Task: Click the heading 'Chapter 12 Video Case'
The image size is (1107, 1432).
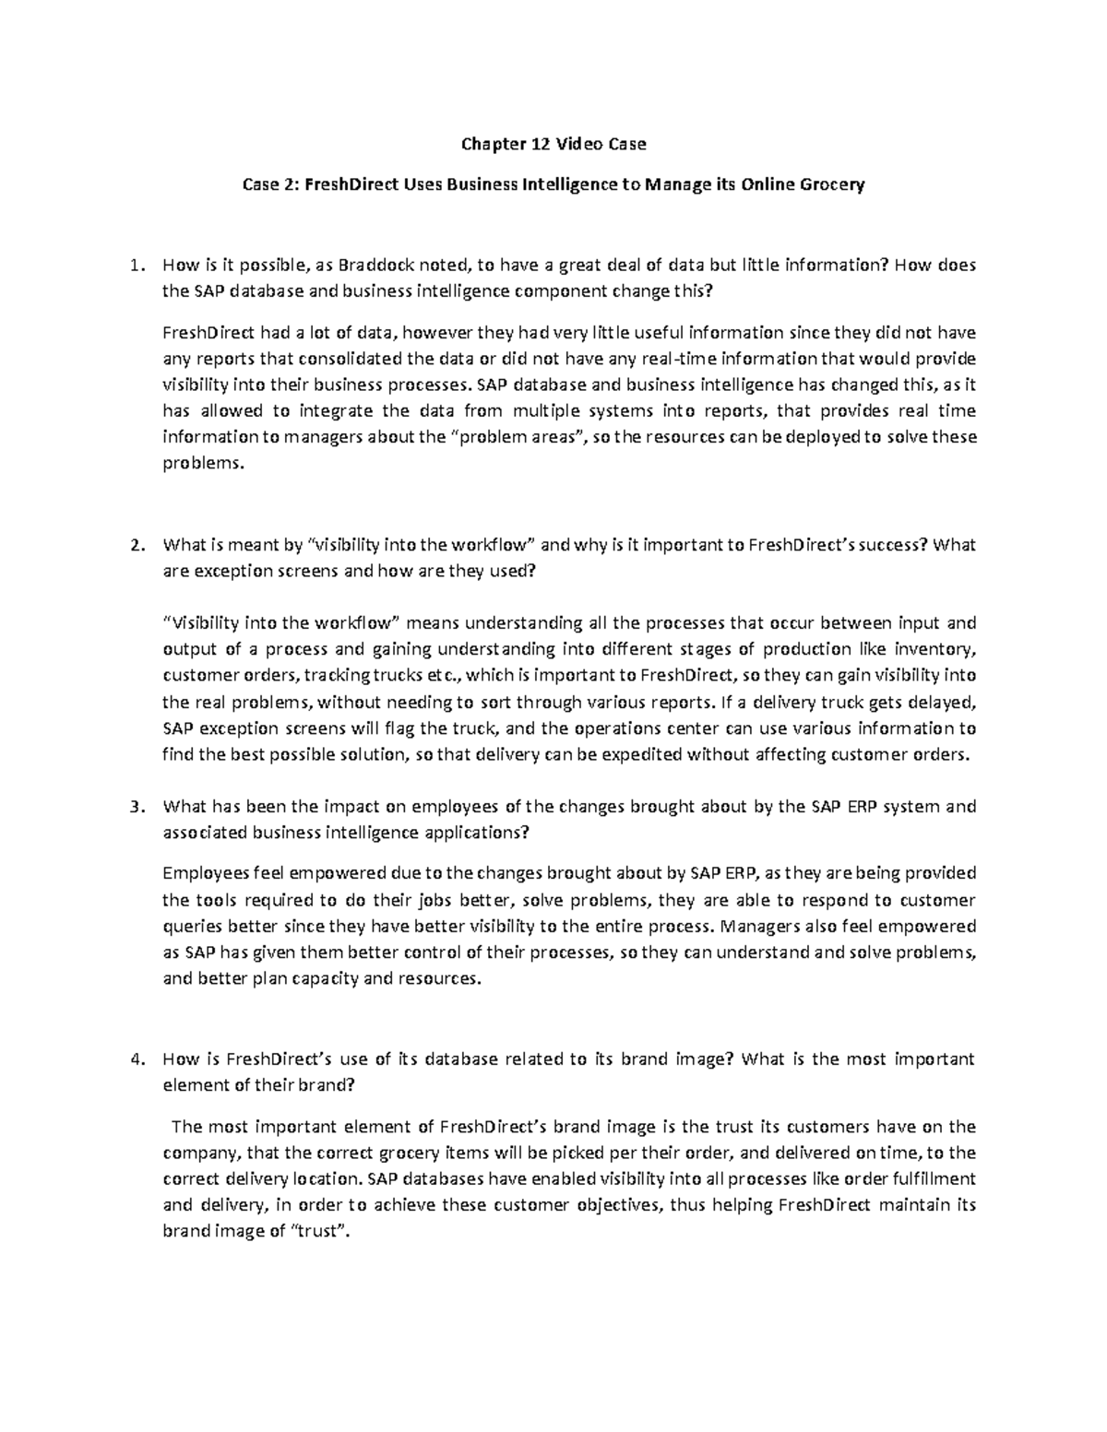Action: pyautogui.click(x=553, y=144)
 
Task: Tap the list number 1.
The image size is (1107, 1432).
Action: pyautogui.click(x=136, y=266)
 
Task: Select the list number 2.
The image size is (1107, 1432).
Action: pyautogui.click(x=136, y=545)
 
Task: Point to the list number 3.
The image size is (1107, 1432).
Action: pyautogui.click(x=136, y=807)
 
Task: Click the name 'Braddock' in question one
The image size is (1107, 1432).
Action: pyautogui.click(x=377, y=266)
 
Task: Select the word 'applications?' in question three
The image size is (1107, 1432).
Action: pyautogui.click(x=476, y=833)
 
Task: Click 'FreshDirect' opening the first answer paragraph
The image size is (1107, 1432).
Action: pyautogui.click(x=204, y=333)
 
